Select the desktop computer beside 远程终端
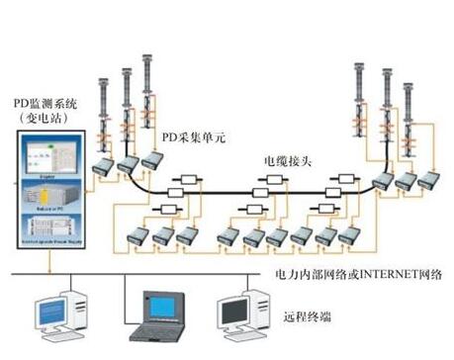click(x=243, y=310)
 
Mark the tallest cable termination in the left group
click(x=149, y=84)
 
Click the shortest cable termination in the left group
click(x=104, y=109)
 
